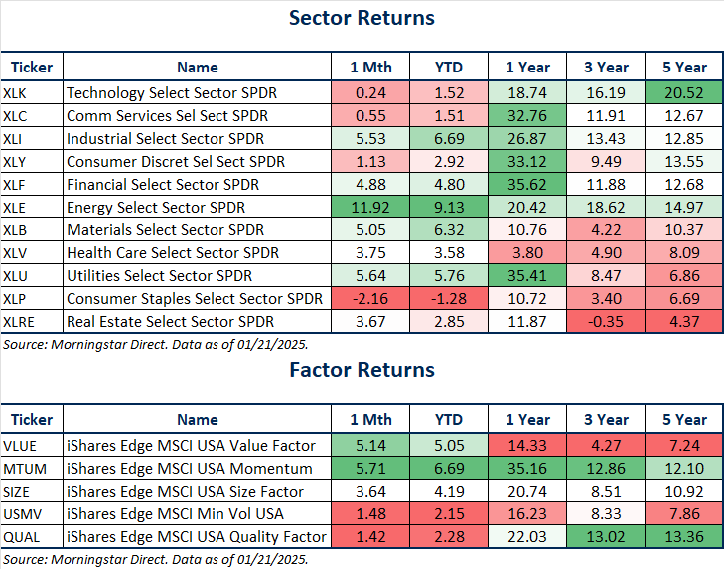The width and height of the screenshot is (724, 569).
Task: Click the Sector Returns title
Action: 362,18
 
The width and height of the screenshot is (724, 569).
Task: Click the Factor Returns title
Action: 362,370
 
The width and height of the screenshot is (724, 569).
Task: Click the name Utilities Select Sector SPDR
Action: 159,275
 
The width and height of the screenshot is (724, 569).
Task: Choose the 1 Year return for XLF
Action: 527,184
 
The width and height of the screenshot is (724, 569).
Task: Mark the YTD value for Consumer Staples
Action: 448,298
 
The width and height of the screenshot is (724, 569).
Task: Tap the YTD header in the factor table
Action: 448,420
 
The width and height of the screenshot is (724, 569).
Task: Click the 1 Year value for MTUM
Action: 527,469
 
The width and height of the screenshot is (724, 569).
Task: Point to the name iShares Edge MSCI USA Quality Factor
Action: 196,536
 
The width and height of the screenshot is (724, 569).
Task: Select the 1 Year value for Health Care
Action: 527,252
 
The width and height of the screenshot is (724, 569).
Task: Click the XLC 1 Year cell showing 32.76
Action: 527,116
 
